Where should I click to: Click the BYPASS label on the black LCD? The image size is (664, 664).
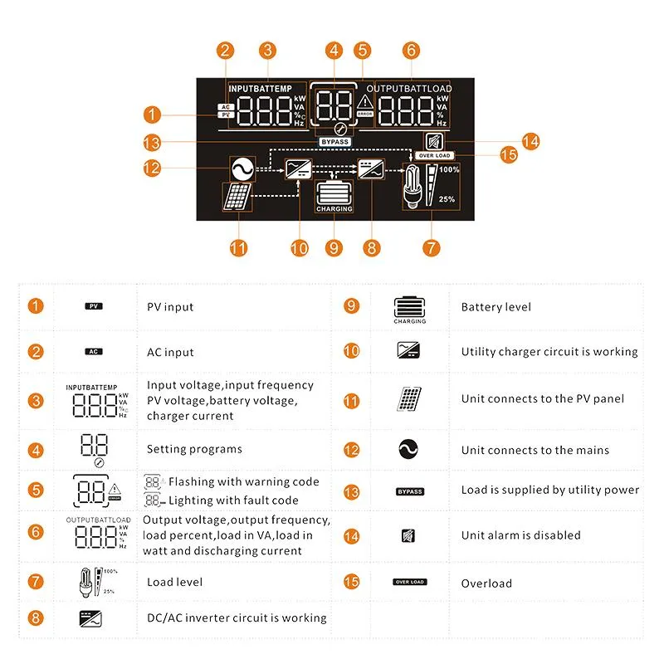point(335,142)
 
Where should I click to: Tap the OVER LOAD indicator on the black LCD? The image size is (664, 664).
point(434,155)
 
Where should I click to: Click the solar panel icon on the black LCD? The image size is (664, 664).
point(237,198)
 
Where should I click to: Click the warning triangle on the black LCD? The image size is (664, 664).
point(365,102)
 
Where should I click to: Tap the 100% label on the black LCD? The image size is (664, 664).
point(449,169)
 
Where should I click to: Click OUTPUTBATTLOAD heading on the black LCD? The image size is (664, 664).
point(409,89)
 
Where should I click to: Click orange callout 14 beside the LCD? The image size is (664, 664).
point(530,141)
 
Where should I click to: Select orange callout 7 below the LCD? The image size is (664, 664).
point(431,247)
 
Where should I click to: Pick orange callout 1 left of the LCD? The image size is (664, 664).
point(151,113)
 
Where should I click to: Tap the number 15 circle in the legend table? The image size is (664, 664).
point(351,582)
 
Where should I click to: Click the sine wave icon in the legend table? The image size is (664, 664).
point(409,449)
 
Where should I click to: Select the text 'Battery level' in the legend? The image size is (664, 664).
point(496,307)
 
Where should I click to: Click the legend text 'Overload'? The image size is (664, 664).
point(486,583)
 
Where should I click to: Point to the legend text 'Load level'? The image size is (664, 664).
point(174,582)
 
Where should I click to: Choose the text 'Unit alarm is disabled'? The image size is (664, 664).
point(521,535)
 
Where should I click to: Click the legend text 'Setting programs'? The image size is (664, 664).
point(194,449)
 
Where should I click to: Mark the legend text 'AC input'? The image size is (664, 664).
point(170,352)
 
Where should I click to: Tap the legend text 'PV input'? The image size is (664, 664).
point(170,307)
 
